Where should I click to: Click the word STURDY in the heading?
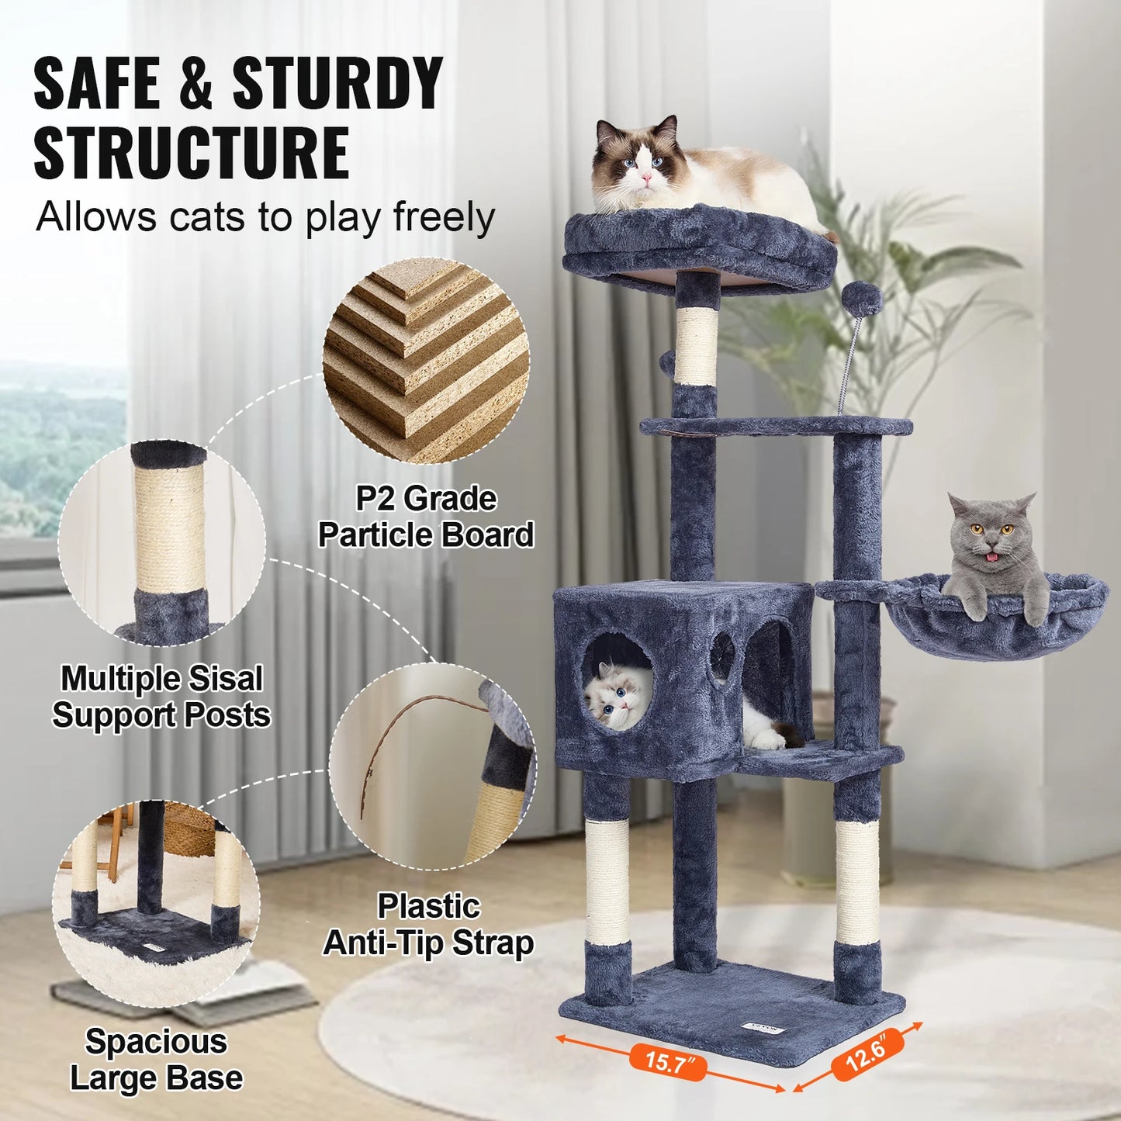click(x=338, y=84)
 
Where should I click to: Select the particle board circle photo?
click(x=426, y=361)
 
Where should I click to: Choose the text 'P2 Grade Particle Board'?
click(x=426, y=517)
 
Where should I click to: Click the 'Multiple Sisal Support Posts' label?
click(x=161, y=697)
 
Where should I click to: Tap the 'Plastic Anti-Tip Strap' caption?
click(x=428, y=925)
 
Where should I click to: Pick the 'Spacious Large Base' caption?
click(x=156, y=1060)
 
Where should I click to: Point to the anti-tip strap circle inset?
click(x=431, y=768)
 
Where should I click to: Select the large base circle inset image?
click(x=156, y=905)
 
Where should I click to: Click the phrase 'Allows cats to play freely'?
click(x=265, y=218)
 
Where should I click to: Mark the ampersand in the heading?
click(x=195, y=84)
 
